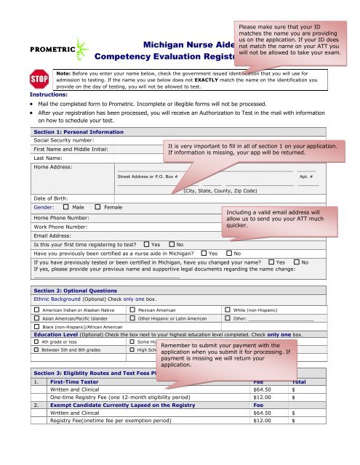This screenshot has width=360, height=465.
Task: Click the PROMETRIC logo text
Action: click(30, 52)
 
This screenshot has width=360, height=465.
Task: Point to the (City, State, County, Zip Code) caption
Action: click(220, 190)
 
